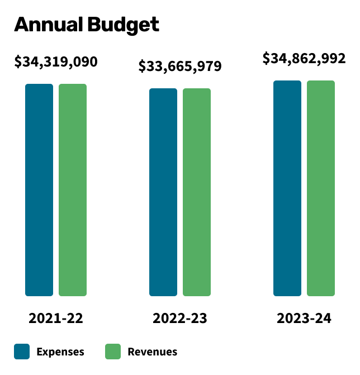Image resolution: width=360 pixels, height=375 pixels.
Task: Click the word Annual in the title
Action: pyautogui.click(x=48, y=25)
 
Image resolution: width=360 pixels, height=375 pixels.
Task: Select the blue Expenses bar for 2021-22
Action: pyautogui.click(x=39, y=189)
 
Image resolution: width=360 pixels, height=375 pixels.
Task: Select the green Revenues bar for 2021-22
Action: pyautogui.click(x=73, y=189)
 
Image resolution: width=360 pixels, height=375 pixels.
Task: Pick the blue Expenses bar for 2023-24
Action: pyautogui.click(x=287, y=188)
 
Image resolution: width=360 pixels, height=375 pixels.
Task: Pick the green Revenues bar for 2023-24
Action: pyautogui.click(x=321, y=188)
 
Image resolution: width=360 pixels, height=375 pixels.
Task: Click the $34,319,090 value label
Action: pyautogui.click(x=56, y=61)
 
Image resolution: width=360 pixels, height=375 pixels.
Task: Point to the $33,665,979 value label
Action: pyautogui.click(x=180, y=67)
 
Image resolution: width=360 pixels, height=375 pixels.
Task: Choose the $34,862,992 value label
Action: pyautogui.click(x=304, y=58)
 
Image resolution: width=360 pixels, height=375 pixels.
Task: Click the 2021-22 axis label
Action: pyautogui.click(x=56, y=319)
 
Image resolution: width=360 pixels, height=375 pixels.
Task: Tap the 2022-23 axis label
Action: pyautogui.click(x=180, y=319)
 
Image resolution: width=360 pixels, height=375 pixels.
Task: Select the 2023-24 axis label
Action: pyautogui.click(x=304, y=319)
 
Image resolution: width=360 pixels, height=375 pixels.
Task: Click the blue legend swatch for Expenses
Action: pyautogui.click(x=22, y=352)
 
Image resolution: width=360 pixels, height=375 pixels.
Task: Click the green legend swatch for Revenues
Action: pyautogui.click(x=113, y=352)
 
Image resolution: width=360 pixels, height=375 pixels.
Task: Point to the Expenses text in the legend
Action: pyautogui.click(x=60, y=352)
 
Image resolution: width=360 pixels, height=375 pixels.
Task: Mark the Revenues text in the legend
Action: pyautogui.click(x=153, y=352)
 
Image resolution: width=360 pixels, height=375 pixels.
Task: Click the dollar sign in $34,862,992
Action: pyautogui.click(x=267, y=59)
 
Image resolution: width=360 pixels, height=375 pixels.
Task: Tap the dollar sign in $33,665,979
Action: pyautogui.click(x=143, y=67)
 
